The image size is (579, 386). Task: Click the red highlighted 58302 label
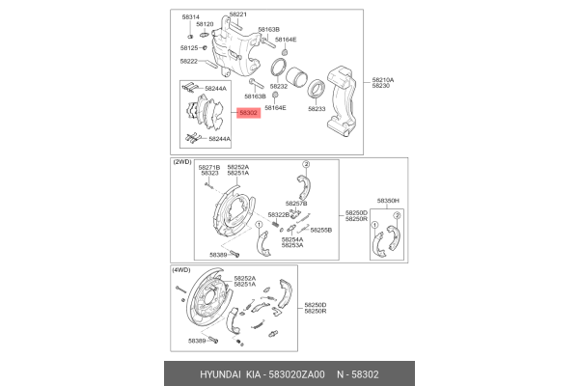pyautogui.click(x=248, y=113)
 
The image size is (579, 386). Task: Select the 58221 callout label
pyautogui.click(x=238, y=14)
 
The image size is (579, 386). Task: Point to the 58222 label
pyautogui.click(x=189, y=61)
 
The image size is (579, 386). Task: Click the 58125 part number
pyautogui.click(x=189, y=47)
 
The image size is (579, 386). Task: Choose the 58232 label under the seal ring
pyautogui.click(x=279, y=86)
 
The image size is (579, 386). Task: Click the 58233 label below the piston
pyautogui.click(x=317, y=108)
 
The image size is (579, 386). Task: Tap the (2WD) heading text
pyautogui.click(x=183, y=162)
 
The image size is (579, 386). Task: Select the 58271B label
pyautogui.click(x=209, y=167)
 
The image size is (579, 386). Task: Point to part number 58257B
pyautogui.click(x=295, y=205)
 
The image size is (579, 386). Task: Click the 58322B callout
pyautogui.click(x=278, y=214)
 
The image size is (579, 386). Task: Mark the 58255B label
pyautogui.click(x=320, y=231)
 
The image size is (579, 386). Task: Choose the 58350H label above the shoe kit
pyautogui.click(x=387, y=200)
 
